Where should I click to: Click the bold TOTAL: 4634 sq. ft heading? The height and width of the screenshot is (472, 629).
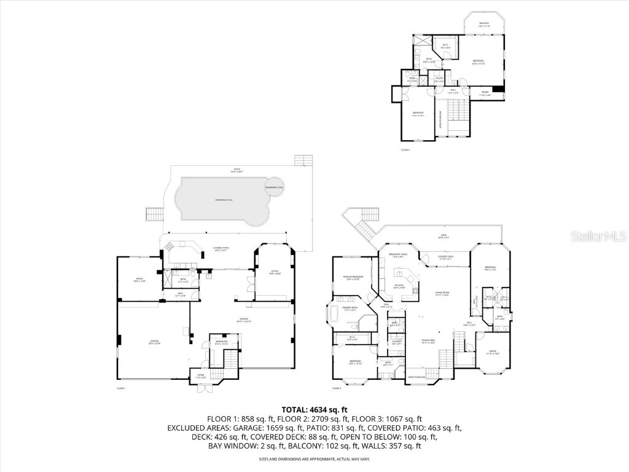click(x=314, y=409)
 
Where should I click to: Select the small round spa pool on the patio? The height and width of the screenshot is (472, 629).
click(x=274, y=187)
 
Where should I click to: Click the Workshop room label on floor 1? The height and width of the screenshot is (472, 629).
click(x=221, y=343)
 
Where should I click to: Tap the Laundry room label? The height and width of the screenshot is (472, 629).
click(x=397, y=342)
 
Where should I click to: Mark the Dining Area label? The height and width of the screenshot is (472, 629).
click(x=428, y=341)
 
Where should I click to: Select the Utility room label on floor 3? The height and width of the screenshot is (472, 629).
click(x=439, y=79)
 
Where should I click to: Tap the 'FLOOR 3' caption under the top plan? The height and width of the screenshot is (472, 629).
click(x=405, y=149)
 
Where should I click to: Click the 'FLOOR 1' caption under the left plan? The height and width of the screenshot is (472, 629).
click(x=121, y=388)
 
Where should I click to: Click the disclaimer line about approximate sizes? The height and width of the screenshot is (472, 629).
click(x=314, y=458)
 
